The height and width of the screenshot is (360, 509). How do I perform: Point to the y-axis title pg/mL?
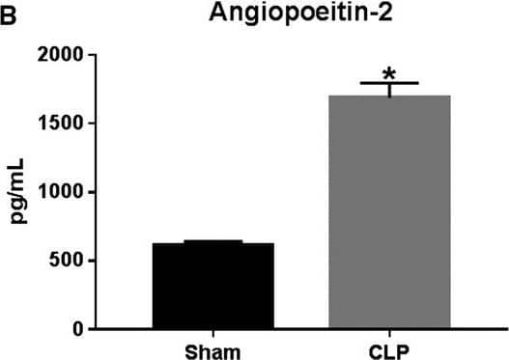tap(20, 193)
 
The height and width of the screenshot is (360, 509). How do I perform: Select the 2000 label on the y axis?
tap(73, 55)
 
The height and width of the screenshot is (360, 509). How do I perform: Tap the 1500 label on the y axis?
tap(73, 124)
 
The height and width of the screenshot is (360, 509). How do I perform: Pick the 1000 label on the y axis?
tap(73, 192)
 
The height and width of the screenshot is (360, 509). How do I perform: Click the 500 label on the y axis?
tap(78, 261)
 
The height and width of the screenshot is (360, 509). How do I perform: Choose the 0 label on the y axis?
tap(89, 329)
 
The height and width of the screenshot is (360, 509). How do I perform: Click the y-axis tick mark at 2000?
tap(102, 55)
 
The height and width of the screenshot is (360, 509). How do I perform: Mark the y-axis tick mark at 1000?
tap(102, 192)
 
